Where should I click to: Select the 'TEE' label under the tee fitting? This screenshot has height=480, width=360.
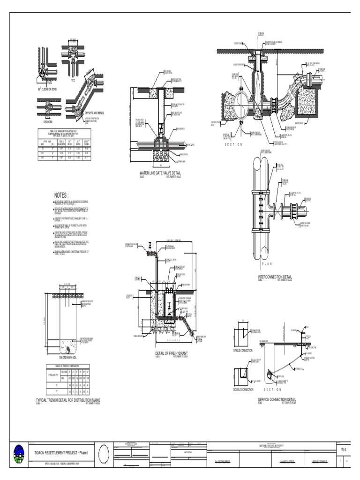(73, 80)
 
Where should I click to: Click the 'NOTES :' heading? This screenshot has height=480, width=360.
(61, 195)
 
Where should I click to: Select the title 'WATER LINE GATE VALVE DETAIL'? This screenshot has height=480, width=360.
(160, 173)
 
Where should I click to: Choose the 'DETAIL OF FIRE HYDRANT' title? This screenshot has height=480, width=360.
(171, 353)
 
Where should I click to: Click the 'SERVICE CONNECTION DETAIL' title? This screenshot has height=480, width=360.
(277, 400)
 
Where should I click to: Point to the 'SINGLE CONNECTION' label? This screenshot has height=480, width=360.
(243, 350)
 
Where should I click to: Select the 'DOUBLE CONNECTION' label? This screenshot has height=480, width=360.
(243, 390)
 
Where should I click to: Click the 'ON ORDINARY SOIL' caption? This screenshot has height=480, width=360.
(68, 358)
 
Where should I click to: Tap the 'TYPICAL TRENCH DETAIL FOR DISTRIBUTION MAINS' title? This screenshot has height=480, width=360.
(68, 400)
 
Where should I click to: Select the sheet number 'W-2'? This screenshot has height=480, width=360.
(343, 449)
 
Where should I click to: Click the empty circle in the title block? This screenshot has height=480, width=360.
(104, 454)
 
